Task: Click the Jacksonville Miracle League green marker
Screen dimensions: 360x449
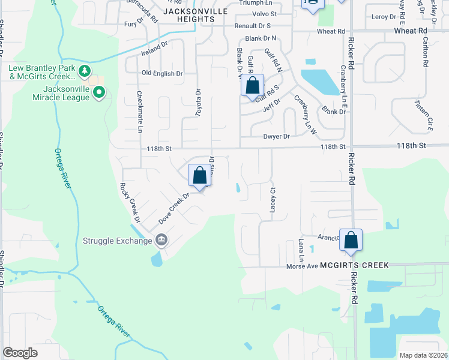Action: pos(100,92)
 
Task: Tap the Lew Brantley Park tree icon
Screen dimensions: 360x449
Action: pos(85,71)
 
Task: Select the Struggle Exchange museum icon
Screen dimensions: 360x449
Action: pos(161,241)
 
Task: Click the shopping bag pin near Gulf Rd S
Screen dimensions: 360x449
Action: pos(253,86)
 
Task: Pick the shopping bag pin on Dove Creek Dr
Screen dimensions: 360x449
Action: pos(200,175)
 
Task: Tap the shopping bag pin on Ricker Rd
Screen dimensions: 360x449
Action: pos(351,239)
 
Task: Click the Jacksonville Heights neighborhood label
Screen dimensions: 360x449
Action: pos(180,15)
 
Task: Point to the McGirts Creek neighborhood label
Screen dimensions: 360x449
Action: pos(354,265)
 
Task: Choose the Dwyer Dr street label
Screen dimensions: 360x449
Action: pos(276,136)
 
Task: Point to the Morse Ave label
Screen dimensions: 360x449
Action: pos(301,266)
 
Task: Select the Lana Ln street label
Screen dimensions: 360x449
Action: pos(301,250)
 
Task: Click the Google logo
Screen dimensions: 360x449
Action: pos(20,353)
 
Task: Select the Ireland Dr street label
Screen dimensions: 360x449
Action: pos(154,46)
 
